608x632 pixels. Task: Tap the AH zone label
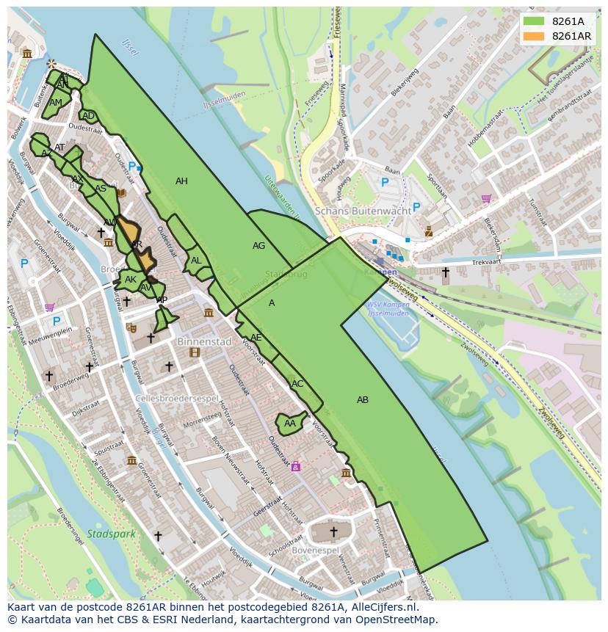[181, 181]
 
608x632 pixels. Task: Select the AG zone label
[258, 246]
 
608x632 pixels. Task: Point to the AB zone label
[363, 400]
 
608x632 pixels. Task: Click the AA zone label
[290, 424]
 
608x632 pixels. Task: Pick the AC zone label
[297, 384]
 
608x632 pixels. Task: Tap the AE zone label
[256, 338]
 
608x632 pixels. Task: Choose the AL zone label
[196, 261]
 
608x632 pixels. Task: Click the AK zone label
[131, 280]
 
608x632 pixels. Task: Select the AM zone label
[56, 103]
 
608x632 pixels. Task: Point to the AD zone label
[88, 116]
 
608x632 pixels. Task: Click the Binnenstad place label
[204, 342]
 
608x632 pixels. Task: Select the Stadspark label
[111, 534]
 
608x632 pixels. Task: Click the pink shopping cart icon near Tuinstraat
[486, 198]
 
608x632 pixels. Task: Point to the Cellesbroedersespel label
[177, 399]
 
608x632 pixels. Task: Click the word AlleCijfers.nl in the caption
[381, 607]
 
